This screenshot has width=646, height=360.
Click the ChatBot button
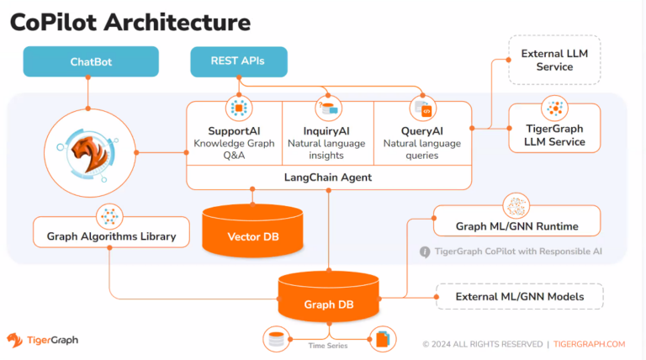(x=91, y=61)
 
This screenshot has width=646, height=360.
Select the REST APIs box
(x=239, y=61)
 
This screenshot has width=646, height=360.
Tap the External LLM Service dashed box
(x=554, y=60)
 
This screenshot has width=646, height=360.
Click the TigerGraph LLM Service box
(x=554, y=129)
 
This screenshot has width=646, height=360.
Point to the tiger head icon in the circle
(x=89, y=153)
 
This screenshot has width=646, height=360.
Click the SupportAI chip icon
(x=239, y=109)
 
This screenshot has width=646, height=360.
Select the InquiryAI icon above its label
(x=328, y=109)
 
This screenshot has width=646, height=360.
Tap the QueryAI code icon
(x=423, y=109)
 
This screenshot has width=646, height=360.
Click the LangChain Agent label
(x=328, y=177)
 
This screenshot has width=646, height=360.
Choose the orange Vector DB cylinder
(x=252, y=230)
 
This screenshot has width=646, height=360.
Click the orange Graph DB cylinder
(x=328, y=297)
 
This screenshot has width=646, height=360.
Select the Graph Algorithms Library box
(x=111, y=232)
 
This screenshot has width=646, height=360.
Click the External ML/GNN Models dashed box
(x=520, y=297)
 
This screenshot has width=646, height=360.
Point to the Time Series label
(x=328, y=346)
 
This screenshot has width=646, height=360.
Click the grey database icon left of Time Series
(x=276, y=339)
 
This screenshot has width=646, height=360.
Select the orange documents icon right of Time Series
(x=383, y=339)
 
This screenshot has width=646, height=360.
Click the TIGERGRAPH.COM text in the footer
(x=589, y=344)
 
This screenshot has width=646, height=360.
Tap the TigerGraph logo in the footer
(x=42, y=340)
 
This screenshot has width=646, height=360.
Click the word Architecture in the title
(x=177, y=22)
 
